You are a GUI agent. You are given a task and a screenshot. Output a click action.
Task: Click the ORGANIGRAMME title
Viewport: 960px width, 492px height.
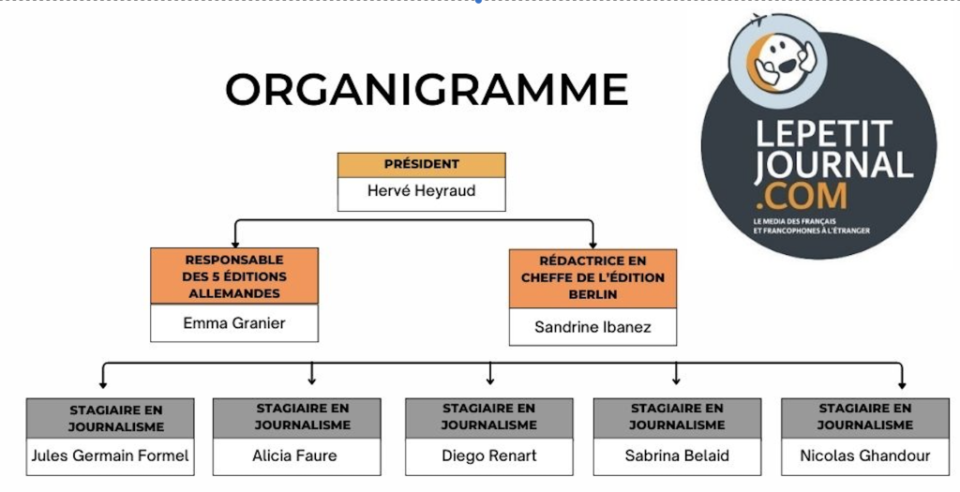[427, 89]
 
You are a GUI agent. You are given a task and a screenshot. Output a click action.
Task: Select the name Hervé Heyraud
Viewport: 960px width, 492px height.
[421, 191]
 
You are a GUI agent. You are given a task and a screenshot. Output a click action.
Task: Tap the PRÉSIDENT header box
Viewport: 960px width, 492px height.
[421, 165]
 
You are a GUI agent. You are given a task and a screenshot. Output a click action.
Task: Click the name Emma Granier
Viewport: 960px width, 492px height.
[233, 323]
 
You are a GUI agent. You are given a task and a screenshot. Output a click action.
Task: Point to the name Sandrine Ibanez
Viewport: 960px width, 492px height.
[592, 327]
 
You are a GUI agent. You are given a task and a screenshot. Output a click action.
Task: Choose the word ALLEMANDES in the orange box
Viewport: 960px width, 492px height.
[233, 293]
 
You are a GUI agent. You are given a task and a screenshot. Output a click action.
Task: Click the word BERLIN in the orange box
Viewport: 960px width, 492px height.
[592, 294]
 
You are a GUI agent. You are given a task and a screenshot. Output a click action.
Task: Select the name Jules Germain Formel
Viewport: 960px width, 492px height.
[111, 455]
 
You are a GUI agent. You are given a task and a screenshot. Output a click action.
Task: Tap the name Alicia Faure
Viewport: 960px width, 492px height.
[294, 455]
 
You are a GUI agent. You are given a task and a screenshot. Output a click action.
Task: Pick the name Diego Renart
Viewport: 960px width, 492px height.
[489, 455]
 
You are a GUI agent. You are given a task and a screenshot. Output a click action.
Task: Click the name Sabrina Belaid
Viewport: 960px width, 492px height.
[677, 455]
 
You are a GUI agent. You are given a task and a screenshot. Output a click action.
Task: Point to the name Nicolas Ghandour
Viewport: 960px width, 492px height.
[865, 455]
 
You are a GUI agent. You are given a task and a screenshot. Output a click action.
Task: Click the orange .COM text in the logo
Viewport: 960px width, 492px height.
[802, 196]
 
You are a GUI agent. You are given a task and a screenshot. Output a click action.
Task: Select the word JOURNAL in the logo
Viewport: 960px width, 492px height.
[833, 165]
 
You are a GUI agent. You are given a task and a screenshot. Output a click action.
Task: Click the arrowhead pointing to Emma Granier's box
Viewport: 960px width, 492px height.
[235, 245]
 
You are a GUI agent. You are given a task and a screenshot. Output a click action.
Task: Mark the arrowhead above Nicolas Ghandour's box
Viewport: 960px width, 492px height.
[902, 385]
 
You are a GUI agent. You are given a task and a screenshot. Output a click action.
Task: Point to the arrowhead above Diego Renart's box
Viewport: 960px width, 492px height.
[489, 380]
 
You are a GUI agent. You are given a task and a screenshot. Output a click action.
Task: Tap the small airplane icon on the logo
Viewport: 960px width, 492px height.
[758, 20]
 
